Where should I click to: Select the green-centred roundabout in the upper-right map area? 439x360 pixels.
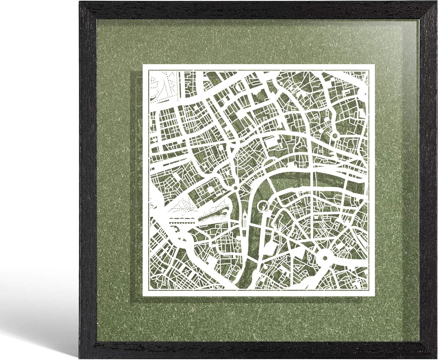click(335, 136)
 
